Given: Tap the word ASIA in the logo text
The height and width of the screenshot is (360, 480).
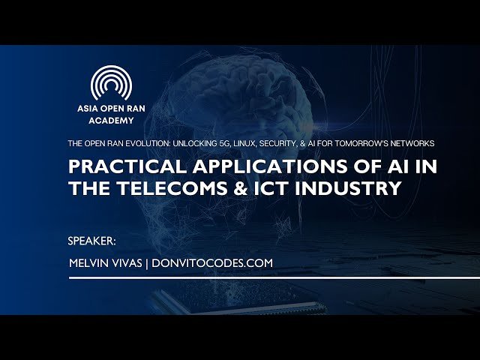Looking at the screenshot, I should [88, 108].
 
